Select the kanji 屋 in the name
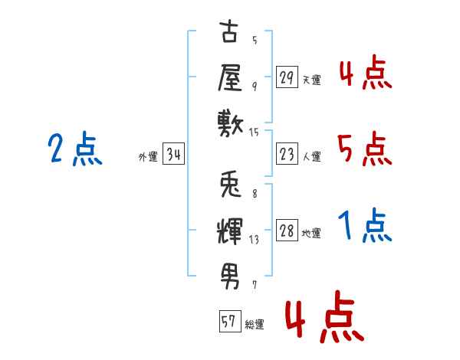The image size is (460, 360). click(x=230, y=78)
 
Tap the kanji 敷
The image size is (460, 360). click(x=231, y=124)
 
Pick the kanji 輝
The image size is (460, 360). click(x=230, y=231)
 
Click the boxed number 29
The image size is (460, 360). click(x=287, y=77)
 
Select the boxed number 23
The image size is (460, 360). click(x=287, y=154)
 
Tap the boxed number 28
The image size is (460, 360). click(x=287, y=230)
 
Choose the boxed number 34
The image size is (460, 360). click(x=173, y=154)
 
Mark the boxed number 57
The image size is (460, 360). click(x=230, y=321)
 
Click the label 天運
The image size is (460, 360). click(x=312, y=80)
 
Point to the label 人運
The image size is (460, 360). click(x=312, y=156)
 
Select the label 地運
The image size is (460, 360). click(x=311, y=234)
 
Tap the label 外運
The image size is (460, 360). click(x=148, y=156)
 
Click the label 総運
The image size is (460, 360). click(x=255, y=325)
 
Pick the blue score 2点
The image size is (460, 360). click(x=75, y=149)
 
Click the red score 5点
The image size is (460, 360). click(x=364, y=149)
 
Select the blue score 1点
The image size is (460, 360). click(x=365, y=225)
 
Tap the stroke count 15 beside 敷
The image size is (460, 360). click(x=255, y=133)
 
